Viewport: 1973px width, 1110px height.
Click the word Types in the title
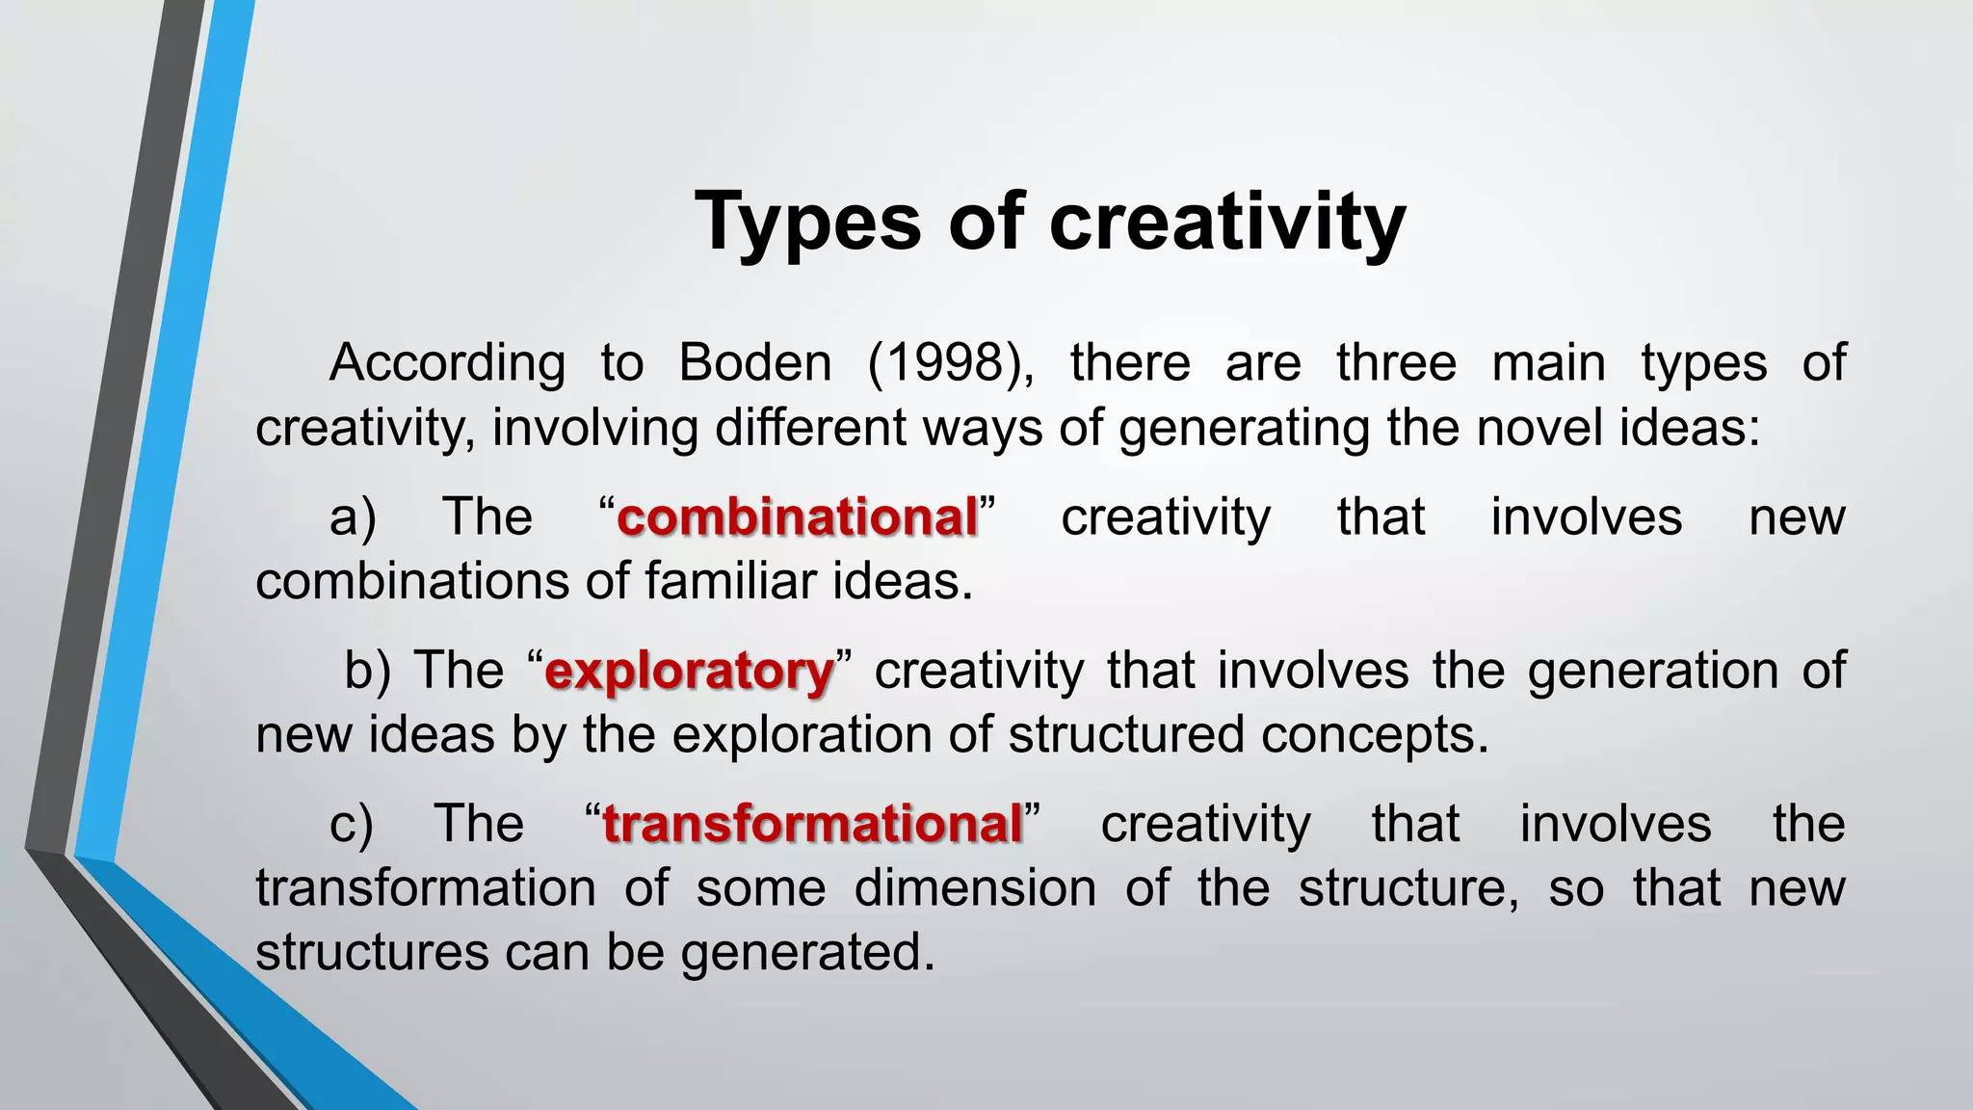tap(808, 223)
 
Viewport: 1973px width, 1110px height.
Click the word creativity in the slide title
tap(1227, 223)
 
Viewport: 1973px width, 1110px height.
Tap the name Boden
tap(754, 363)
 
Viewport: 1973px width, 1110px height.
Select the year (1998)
tap(951, 363)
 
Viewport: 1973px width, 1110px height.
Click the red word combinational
tap(797, 517)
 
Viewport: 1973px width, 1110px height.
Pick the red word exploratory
tap(689, 671)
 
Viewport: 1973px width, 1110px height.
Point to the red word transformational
tap(812, 825)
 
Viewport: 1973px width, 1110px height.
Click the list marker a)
tap(353, 517)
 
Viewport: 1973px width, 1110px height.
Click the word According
tap(447, 363)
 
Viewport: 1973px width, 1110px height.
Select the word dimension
tap(975, 887)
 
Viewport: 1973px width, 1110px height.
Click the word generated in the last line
tap(807, 952)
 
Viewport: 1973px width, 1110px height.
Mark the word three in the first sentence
tap(1396, 363)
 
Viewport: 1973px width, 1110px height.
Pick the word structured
tap(1126, 734)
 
